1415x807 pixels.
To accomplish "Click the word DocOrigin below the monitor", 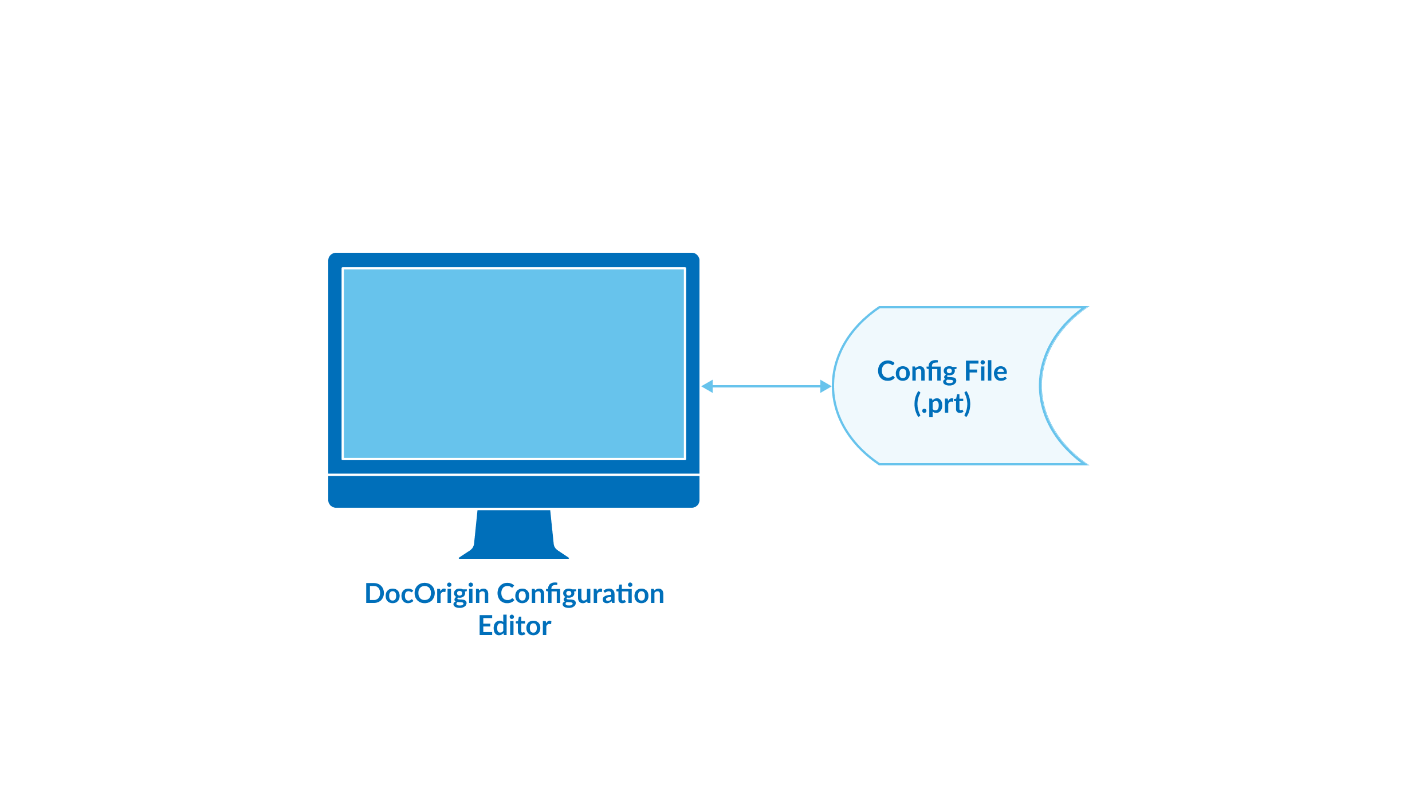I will point(427,594).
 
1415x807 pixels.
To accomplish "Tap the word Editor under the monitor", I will point(514,626).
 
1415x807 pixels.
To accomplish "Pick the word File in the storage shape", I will point(985,371).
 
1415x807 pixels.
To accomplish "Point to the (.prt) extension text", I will point(942,403).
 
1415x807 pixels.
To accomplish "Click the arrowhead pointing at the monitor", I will point(707,386).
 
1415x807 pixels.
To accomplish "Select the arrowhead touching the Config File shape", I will point(826,386).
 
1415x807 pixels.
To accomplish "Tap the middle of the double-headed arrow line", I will point(767,386).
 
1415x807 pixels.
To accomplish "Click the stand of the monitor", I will point(514,535).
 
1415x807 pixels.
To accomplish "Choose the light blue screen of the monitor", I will point(514,363).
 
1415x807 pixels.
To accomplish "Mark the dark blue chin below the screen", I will point(514,492).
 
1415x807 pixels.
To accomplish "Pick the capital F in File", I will point(970,371).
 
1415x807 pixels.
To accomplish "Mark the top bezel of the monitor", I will point(514,260).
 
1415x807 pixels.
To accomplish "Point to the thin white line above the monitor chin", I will point(514,475).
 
